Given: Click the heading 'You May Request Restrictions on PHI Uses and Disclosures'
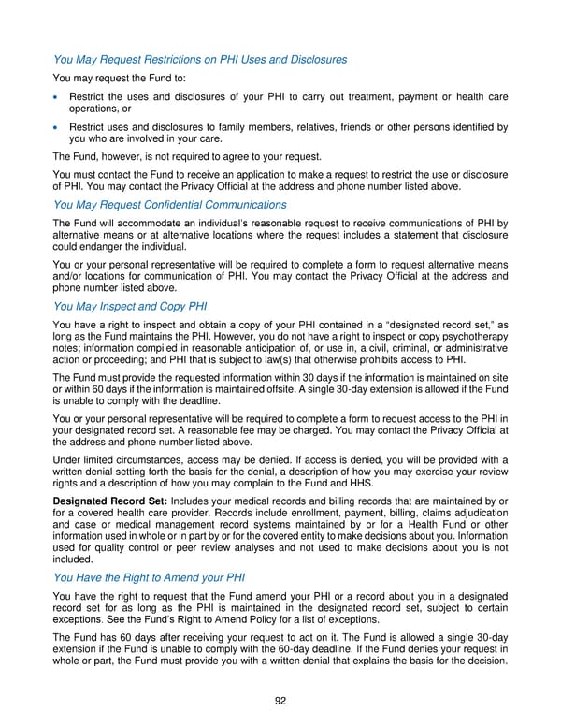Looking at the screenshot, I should (200, 60).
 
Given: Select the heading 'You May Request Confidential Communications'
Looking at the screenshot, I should (170, 204).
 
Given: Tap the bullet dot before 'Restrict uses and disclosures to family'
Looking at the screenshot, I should (58, 127).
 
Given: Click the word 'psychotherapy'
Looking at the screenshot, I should (473, 336).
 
